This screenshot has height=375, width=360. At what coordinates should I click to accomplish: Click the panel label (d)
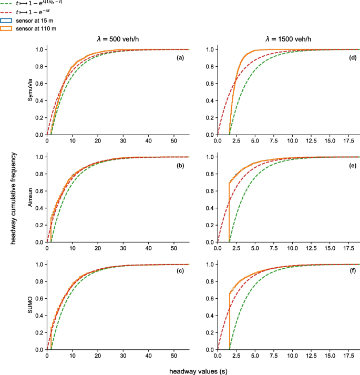(352, 57)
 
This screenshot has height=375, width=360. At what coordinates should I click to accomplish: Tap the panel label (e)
(352, 165)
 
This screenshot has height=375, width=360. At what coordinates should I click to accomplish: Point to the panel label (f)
(352, 272)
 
